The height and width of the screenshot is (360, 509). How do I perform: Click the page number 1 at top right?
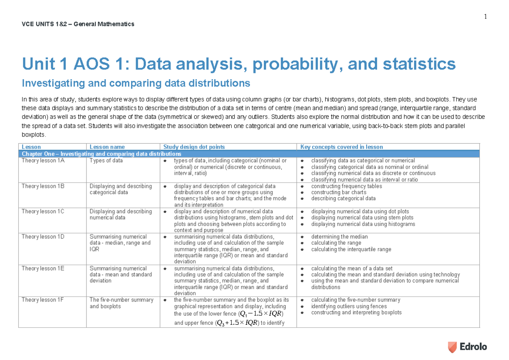(485, 17)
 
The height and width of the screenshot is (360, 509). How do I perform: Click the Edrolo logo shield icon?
(453, 346)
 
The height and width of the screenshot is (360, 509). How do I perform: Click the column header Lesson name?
(107, 147)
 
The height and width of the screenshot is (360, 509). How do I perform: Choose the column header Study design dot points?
(194, 147)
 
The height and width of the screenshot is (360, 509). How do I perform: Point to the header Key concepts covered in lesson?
(341, 147)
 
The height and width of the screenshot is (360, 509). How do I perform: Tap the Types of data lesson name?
(106, 161)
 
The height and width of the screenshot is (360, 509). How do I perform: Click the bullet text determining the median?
(339, 237)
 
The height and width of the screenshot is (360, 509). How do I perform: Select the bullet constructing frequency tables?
(346, 186)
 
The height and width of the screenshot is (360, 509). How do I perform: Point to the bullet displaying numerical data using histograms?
(363, 224)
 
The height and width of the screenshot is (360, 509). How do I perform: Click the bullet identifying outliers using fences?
(349, 306)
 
